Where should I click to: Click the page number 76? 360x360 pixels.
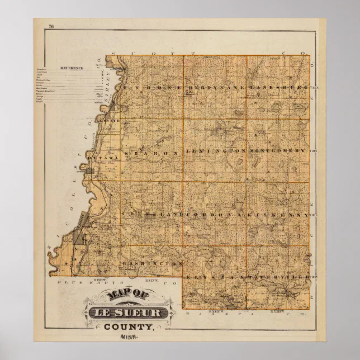tap(51, 26)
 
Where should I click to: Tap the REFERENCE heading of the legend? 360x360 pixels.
tap(72, 68)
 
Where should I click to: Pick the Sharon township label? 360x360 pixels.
tap(151, 151)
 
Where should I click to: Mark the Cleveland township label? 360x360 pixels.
tap(151, 215)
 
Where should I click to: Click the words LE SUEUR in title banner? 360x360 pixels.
tap(126, 312)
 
